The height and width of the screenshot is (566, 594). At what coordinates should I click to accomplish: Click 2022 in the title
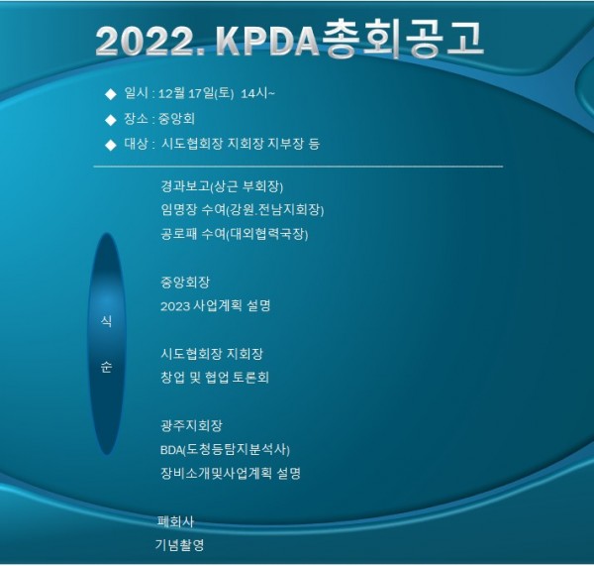coord(147,41)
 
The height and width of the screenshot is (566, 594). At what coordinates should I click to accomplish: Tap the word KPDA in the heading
coord(268,41)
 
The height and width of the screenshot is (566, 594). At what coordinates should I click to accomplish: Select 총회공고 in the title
coord(402,39)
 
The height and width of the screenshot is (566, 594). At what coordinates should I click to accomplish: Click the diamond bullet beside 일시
coord(111,94)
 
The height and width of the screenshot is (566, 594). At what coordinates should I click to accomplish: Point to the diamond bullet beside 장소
coord(111,120)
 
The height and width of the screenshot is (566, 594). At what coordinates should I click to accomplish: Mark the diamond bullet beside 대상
coord(111,145)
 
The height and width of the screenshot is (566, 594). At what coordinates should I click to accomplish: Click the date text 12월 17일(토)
coord(196,93)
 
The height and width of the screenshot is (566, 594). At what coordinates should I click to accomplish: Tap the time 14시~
coord(258,93)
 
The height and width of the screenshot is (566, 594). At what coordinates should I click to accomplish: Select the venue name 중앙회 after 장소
coord(176,119)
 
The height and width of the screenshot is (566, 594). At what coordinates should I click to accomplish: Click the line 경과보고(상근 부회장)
coord(222,186)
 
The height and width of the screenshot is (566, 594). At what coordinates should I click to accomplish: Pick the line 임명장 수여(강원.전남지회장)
coord(243,210)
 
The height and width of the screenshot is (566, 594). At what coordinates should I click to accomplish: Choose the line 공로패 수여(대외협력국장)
coord(235,234)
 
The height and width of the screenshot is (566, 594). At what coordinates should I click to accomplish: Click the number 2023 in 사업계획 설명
coord(175,306)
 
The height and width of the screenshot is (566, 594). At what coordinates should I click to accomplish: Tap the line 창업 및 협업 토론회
coord(215,377)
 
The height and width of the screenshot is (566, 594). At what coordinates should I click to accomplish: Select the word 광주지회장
coord(191,425)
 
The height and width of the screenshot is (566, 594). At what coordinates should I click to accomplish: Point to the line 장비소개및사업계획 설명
coord(231,473)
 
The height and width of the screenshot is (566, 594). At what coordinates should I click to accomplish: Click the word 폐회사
coord(175,521)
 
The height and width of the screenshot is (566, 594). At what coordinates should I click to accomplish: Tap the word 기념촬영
coord(179,545)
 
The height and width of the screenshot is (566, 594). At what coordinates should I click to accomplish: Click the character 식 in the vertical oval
coord(107,321)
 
